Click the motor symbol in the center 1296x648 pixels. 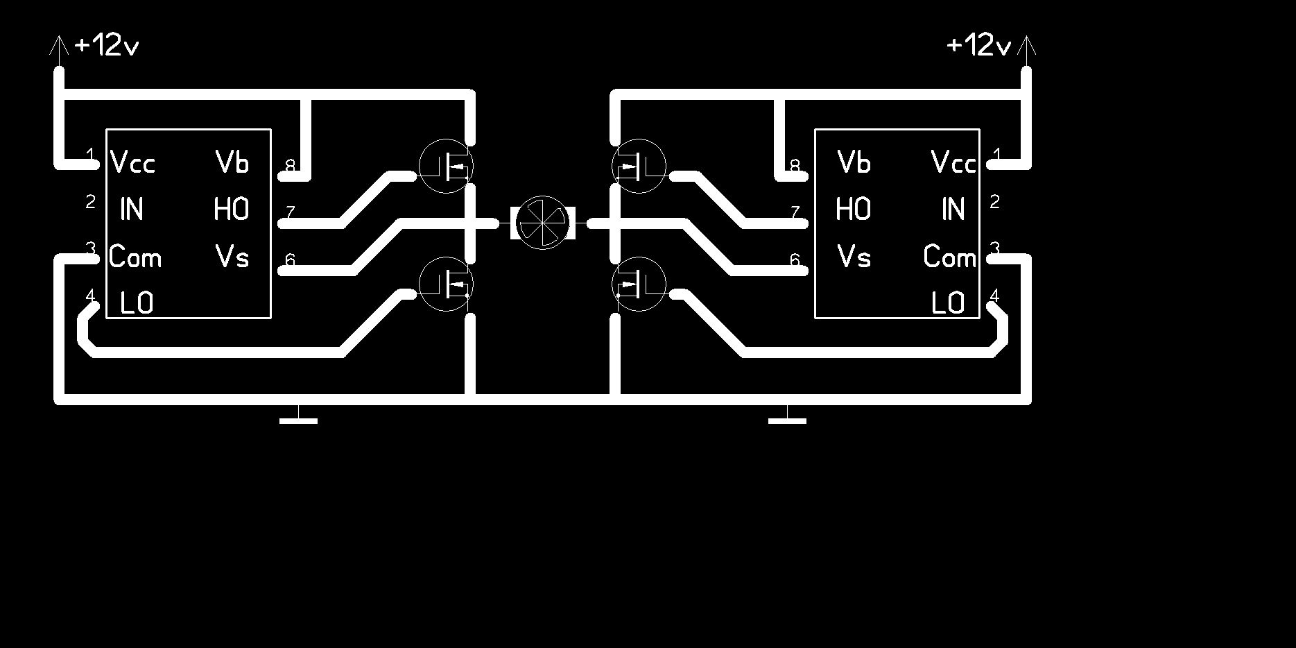click(543, 223)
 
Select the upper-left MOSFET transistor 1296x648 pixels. click(447, 166)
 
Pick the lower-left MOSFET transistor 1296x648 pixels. click(447, 284)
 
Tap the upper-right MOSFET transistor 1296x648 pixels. click(639, 166)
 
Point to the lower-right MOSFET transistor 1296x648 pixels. click(639, 284)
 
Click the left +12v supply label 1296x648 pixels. click(106, 46)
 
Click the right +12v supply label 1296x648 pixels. click(978, 46)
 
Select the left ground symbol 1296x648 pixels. click(298, 418)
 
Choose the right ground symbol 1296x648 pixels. click(788, 418)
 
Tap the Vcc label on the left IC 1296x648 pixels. click(133, 163)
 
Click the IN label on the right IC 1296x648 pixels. click(953, 209)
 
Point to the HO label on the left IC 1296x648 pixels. click(232, 209)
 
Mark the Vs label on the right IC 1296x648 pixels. click(854, 257)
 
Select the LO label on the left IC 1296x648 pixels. click(137, 303)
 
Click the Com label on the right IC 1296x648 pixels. click(949, 257)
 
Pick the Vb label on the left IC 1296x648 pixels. click(232, 162)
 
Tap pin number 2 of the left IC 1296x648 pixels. click(90, 202)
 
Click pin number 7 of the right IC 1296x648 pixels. click(795, 212)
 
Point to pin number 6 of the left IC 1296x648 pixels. click(290, 260)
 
